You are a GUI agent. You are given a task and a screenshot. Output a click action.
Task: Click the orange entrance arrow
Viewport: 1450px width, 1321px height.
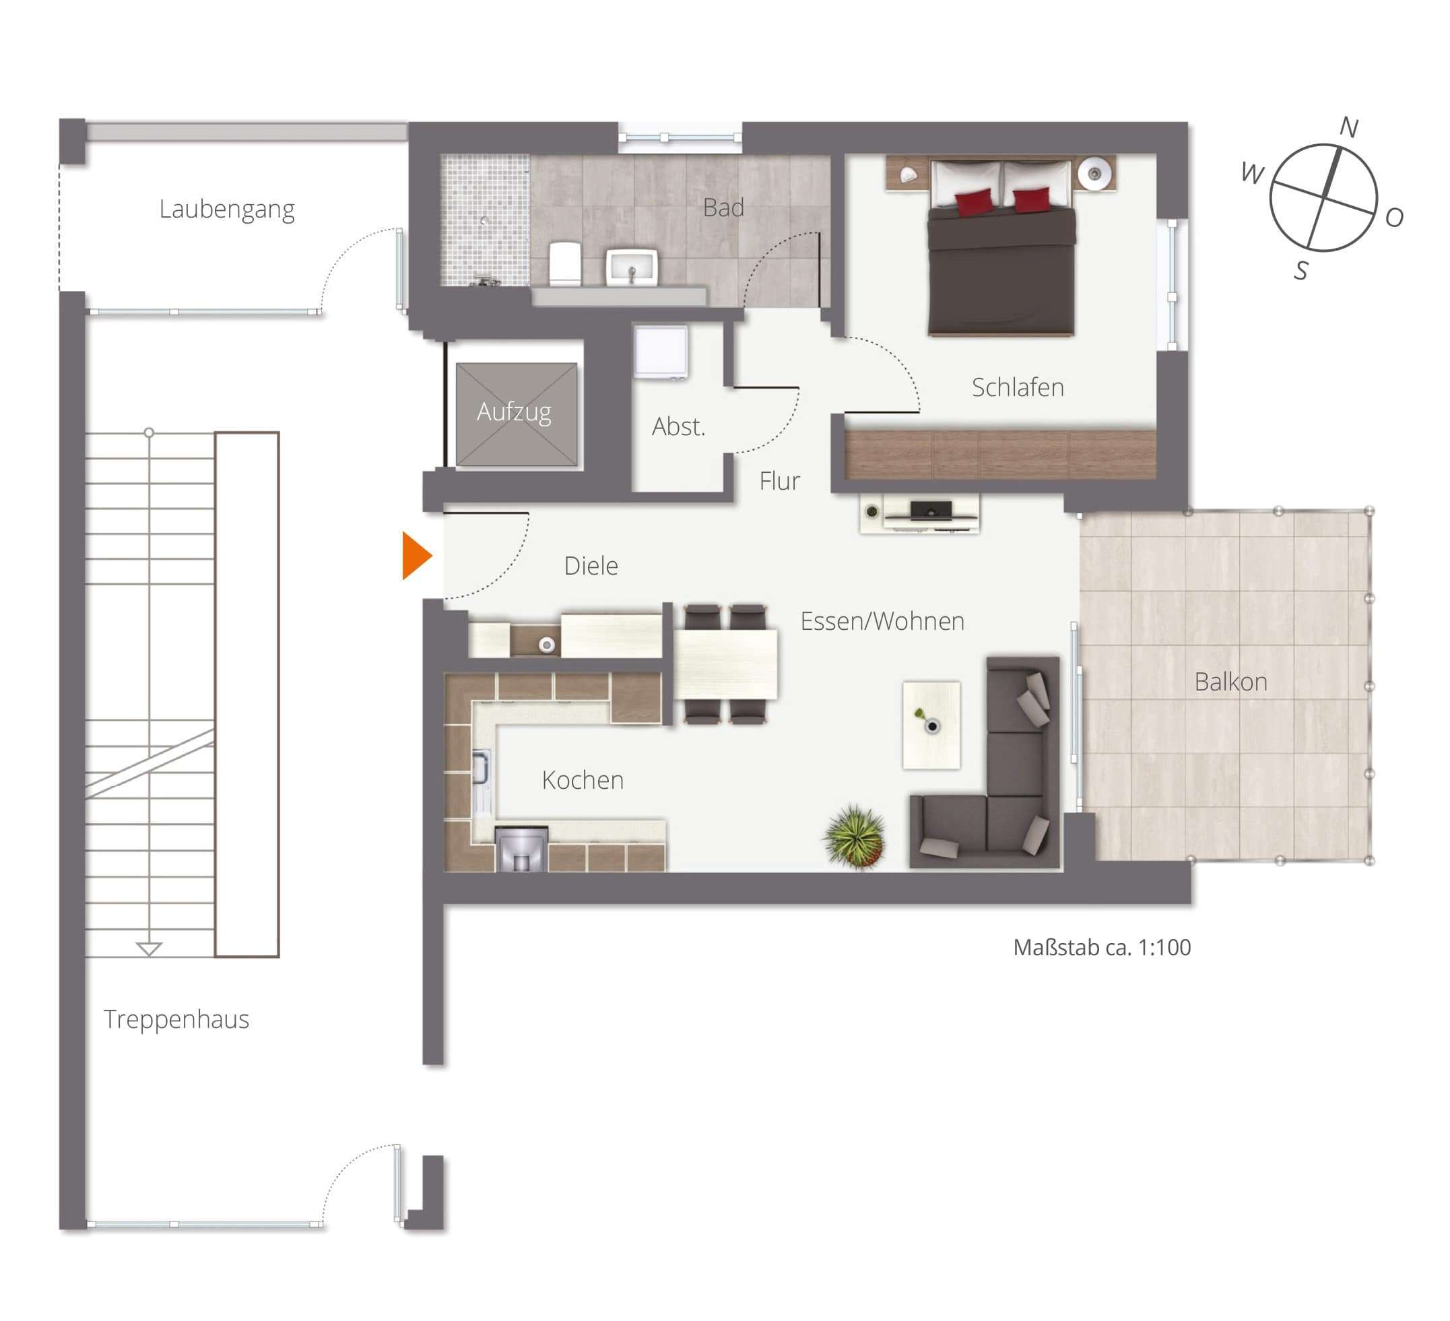pyautogui.click(x=416, y=556)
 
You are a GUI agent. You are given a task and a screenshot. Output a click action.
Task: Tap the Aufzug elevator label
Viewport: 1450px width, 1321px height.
pyautogui.click(x=514, y=412)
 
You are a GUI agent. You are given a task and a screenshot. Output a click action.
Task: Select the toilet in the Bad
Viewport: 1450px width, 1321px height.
pyautogui.click(x=564, y=263)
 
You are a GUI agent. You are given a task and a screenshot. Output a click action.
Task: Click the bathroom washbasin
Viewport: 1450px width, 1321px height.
pyautogui.click(x=632, y=267)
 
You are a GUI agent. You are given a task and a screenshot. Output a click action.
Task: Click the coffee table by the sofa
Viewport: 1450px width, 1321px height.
pyautogui.click(x=931, y=725)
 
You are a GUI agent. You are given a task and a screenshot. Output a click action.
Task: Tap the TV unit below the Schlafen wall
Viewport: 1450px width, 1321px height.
pyautogui.click(x=919, y=513)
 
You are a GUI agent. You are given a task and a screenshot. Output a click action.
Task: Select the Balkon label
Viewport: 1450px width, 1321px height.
pyautogui.click(x=1230, y=681)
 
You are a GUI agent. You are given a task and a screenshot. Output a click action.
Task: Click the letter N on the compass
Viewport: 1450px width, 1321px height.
pyautogui.click(x=1348, y=127)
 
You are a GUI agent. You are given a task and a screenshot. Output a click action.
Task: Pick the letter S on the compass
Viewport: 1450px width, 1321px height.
pyautogui.click(x=1300, y=271)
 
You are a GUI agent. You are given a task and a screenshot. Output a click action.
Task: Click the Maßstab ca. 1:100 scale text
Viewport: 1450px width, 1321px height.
pyautogui.click(x=1102, y=948)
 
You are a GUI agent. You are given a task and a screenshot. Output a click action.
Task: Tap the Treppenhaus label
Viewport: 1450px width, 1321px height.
pyautogui.click(x=176, y=1019)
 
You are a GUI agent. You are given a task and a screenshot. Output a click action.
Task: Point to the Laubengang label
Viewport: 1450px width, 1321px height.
pyautogui.click(x=226, y=210)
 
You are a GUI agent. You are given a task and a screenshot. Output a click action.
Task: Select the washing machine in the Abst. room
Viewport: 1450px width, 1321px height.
pyautogui.click(x=660, y=352)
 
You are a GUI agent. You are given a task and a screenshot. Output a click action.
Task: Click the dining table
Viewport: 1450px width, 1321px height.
pyautogui.click(x=725, y=664)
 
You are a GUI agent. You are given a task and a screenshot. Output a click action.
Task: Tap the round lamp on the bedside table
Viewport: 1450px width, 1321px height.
pyautogui.click(x=1094, y=172)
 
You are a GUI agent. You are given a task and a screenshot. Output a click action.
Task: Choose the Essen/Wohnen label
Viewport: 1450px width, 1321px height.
pyautogui.click(x=882, y=621)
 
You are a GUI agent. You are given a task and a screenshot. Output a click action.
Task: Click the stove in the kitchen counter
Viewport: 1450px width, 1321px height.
pyautogui.click(x=521, y=849)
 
